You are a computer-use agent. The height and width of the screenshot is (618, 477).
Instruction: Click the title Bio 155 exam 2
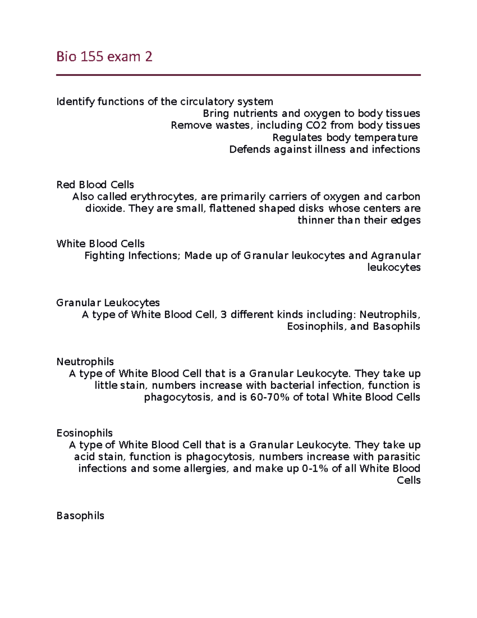[104, 57]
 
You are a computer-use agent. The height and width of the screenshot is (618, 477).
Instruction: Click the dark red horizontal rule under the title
[238, 75]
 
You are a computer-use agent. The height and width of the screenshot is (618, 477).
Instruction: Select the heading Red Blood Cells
[95, 185]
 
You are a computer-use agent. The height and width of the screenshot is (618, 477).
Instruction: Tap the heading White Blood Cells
[100, 244]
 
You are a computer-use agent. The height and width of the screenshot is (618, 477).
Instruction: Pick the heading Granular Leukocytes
[108, 303]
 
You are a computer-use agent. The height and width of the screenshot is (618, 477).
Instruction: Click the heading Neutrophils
[85, 362]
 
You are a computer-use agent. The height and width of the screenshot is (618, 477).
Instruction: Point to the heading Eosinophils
[84, 433]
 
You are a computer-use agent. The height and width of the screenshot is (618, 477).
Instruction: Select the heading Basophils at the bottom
[80, 516]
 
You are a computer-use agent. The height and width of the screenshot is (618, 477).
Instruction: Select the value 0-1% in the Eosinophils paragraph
[315, 468]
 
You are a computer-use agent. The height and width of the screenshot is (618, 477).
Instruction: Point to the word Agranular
[396, 255]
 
